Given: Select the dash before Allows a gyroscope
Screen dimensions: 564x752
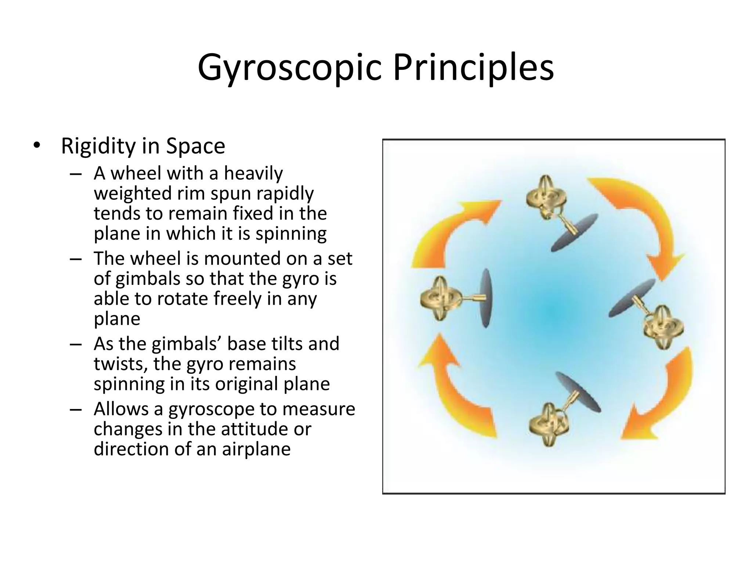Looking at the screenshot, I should coord(75,409).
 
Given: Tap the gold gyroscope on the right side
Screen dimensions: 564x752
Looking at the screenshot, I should coord(663,327).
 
